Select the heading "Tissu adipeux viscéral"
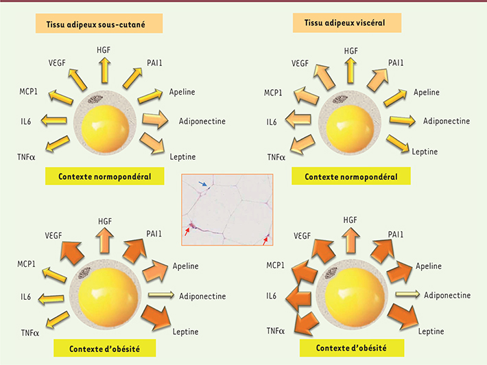click(x=348, y=24)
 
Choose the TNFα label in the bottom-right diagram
click(x=276, y=331)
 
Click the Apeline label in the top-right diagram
click(x=426, y=93)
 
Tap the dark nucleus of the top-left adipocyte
click(x=93, y=99)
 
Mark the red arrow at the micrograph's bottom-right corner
click(x=266, y=238)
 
